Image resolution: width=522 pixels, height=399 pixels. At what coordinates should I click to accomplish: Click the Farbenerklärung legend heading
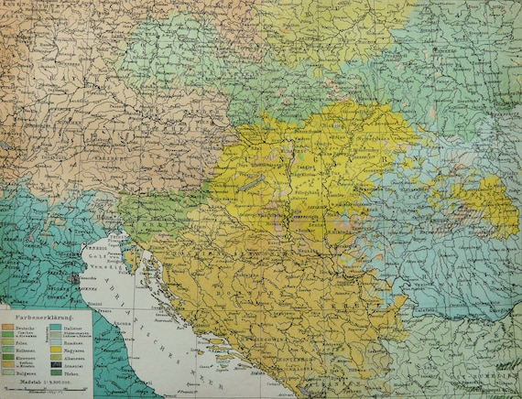coord(44,318)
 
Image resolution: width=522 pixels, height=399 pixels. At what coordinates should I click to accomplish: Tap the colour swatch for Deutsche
coord(7,327)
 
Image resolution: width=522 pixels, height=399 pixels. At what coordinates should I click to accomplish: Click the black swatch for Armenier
coord(56,366)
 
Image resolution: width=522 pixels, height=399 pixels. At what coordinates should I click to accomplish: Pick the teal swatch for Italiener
coord(56,327)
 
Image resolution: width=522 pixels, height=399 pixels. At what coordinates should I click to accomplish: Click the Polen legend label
coord(18,343)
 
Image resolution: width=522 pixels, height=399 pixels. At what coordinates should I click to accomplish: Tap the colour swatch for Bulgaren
coord(7,372)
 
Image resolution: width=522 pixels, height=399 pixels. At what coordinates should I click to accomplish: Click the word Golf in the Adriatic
coord(96,256)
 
